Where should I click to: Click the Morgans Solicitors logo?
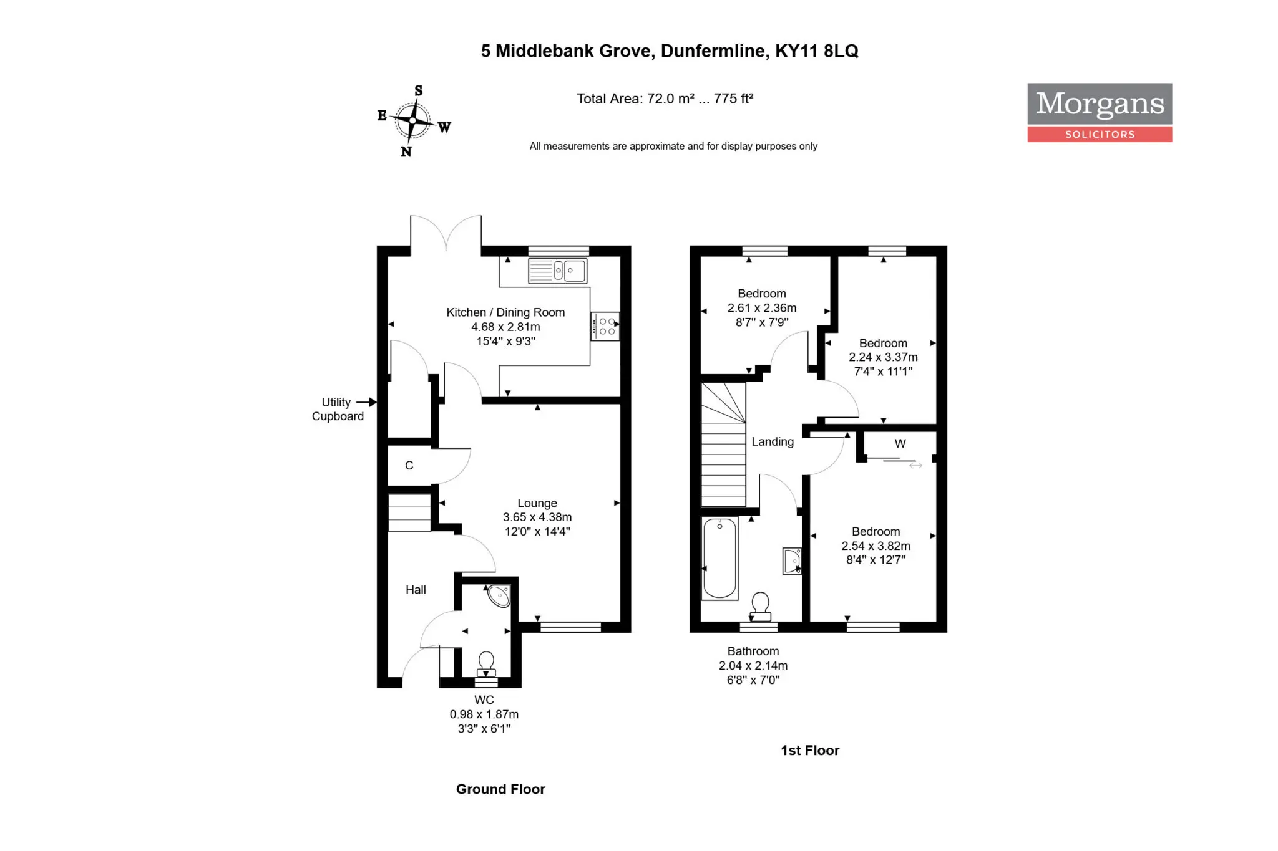(1100, 112)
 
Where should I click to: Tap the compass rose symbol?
(413, 120)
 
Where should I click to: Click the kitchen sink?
(557, 271)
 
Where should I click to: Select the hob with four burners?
(605, 326)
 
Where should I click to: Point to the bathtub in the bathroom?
(719, 558)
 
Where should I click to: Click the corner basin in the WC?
(500, 595)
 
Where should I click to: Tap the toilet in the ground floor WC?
(486, 664)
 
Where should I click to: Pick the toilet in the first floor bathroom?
(760, 607)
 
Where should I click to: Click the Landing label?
(773, 441)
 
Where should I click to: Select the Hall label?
(416, 590)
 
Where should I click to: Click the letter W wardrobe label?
(900, 443)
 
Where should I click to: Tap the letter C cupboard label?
(409, 465)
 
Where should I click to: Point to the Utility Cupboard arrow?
(366, 402)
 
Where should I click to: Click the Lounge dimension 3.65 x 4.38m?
(537, 517)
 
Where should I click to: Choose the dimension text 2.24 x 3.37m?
(883, 357)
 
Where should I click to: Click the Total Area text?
(665, 99)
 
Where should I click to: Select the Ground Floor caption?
(500, 789)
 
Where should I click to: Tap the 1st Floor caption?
(810, 751)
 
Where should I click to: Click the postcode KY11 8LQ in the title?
(817, 51)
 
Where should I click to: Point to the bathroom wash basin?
(792, 561)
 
